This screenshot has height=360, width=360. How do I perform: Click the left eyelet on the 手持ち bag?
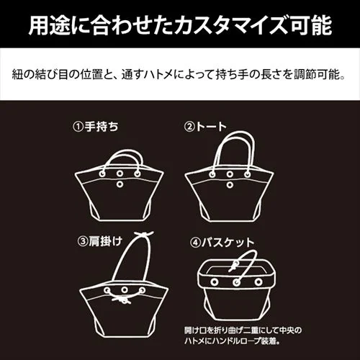coord(102,175)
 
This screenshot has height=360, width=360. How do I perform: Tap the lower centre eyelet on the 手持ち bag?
coord(119,186)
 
